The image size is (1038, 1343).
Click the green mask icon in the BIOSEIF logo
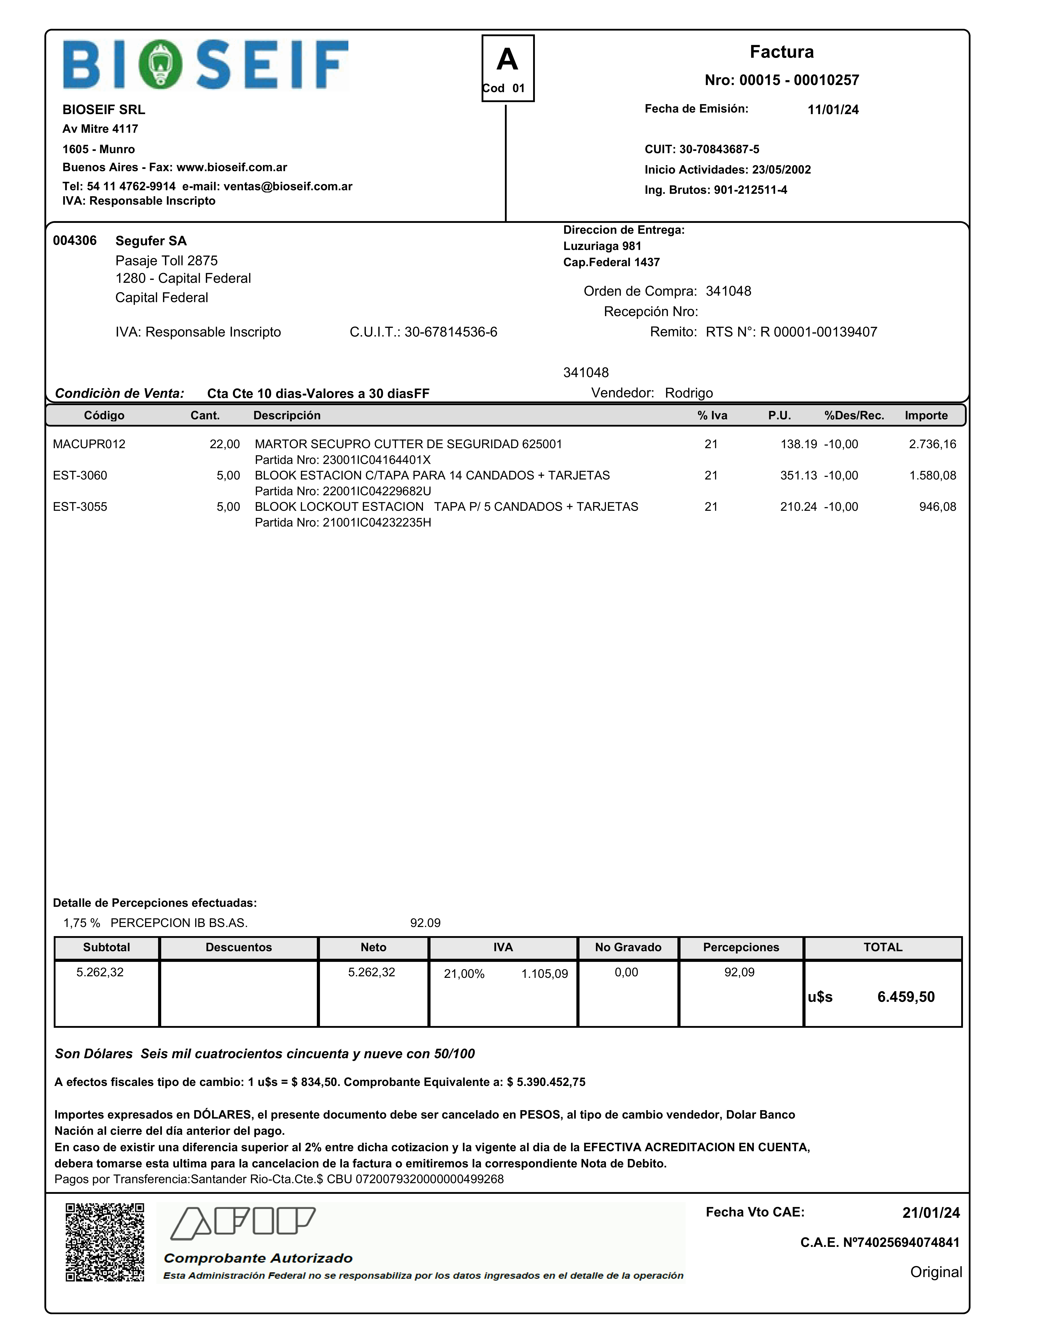coord(161,65)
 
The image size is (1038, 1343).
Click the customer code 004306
coord(74,240)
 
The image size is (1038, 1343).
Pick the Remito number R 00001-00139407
coord(818,332)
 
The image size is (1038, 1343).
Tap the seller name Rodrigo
coord(689,393)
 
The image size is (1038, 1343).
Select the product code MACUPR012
coord(89,444)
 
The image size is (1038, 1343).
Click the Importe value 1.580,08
coord(932,475)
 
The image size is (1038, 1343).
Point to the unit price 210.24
coord(798,507)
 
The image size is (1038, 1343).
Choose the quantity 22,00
coord(224,444)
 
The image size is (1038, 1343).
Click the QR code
coord(105,1242)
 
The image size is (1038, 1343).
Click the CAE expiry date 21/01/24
coord(930,1213)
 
